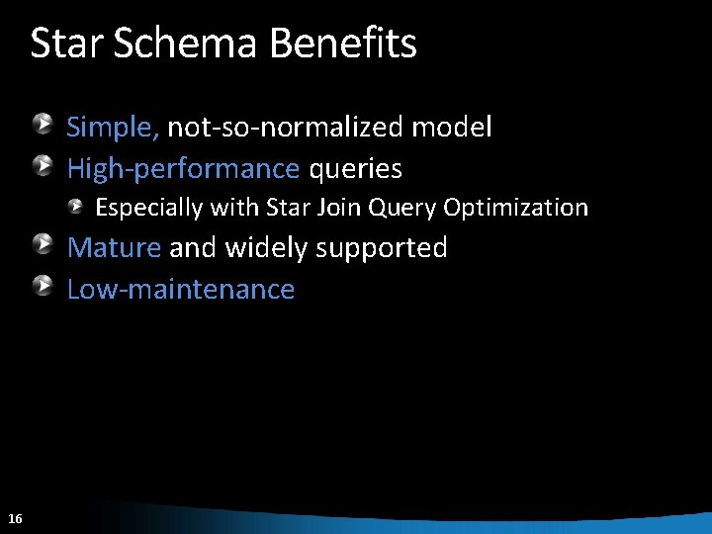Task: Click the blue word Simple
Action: click(112, 128)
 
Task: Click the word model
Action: click(451, 128)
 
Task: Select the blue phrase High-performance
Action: click(182, 170)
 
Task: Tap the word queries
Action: click(356, 170)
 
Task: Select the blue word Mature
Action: click(113, 247)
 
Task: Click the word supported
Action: click(382, 248)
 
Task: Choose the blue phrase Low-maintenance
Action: click(180, 290)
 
